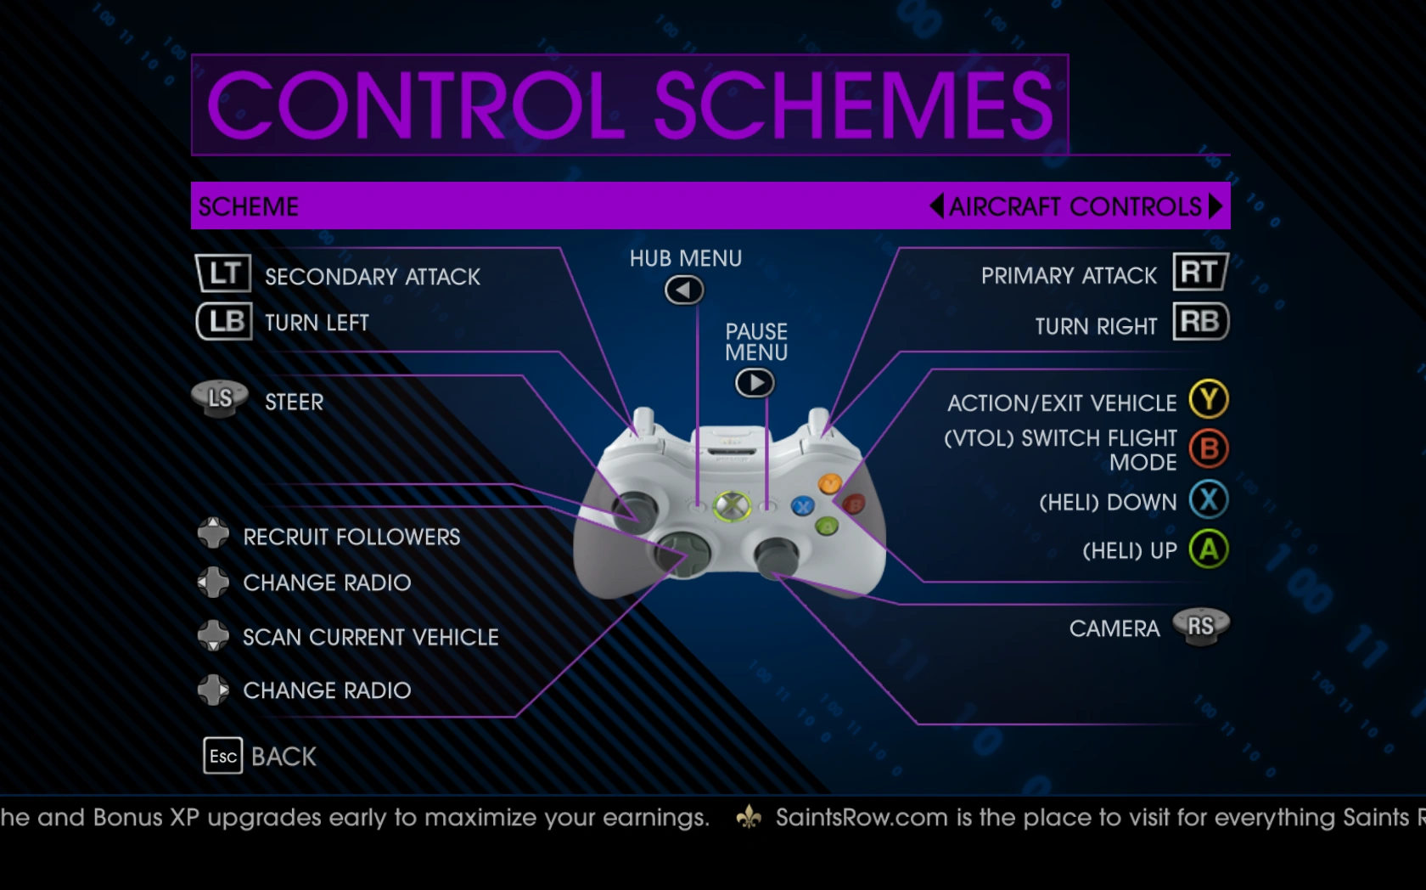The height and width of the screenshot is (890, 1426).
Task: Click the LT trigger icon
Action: pyautogui.click(x=223, y=273)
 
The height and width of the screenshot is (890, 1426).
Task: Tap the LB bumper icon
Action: pyautogui.click(x=224, y=321)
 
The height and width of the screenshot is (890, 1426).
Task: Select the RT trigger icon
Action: pyautogui.click(x=1200, y=272)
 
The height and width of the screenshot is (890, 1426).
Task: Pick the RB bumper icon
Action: pyautogui.click(x=1200, y=321)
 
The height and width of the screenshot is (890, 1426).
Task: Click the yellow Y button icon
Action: pyautogui.click(x=1209, y=399)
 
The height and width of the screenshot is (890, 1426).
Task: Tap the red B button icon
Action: pyautogui.click(x=1209, y=448)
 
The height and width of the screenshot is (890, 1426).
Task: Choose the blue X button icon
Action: pyautogui.click(x=1209, y=499)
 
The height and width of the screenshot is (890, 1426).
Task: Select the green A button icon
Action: pyautogui.click(x=1209, y=549)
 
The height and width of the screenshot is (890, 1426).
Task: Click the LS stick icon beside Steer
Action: pyautogui.click(x=221, y=399)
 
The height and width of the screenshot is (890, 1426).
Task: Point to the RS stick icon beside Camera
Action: pyautogui.click(x=1200, y=626)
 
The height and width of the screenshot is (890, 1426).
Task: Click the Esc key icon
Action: pyautogui.click(x=222, y=756)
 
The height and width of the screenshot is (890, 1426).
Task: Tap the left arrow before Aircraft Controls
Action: pyautogui.click(x=936, y=206)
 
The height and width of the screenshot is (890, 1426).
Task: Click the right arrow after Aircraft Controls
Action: pyautogui.click(x=1215, y=206)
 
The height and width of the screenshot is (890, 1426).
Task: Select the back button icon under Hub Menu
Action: pyautogui.click(x=684, y=290)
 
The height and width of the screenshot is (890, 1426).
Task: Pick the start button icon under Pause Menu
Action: pyautogui.click(x=755, y=383)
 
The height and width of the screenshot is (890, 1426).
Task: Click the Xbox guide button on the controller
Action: pyautogui.click(x=732, y=506)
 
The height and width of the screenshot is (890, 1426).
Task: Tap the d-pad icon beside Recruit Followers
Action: pyautogui.click(x=213, y=533)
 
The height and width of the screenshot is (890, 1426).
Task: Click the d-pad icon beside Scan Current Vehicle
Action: pyautogui.click(x=213, y=635)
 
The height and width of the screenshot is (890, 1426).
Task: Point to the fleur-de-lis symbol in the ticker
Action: pyautogui.click(x=749, y=817)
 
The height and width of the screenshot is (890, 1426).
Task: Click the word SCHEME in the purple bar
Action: pyautogui.click(x=248, y=206)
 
